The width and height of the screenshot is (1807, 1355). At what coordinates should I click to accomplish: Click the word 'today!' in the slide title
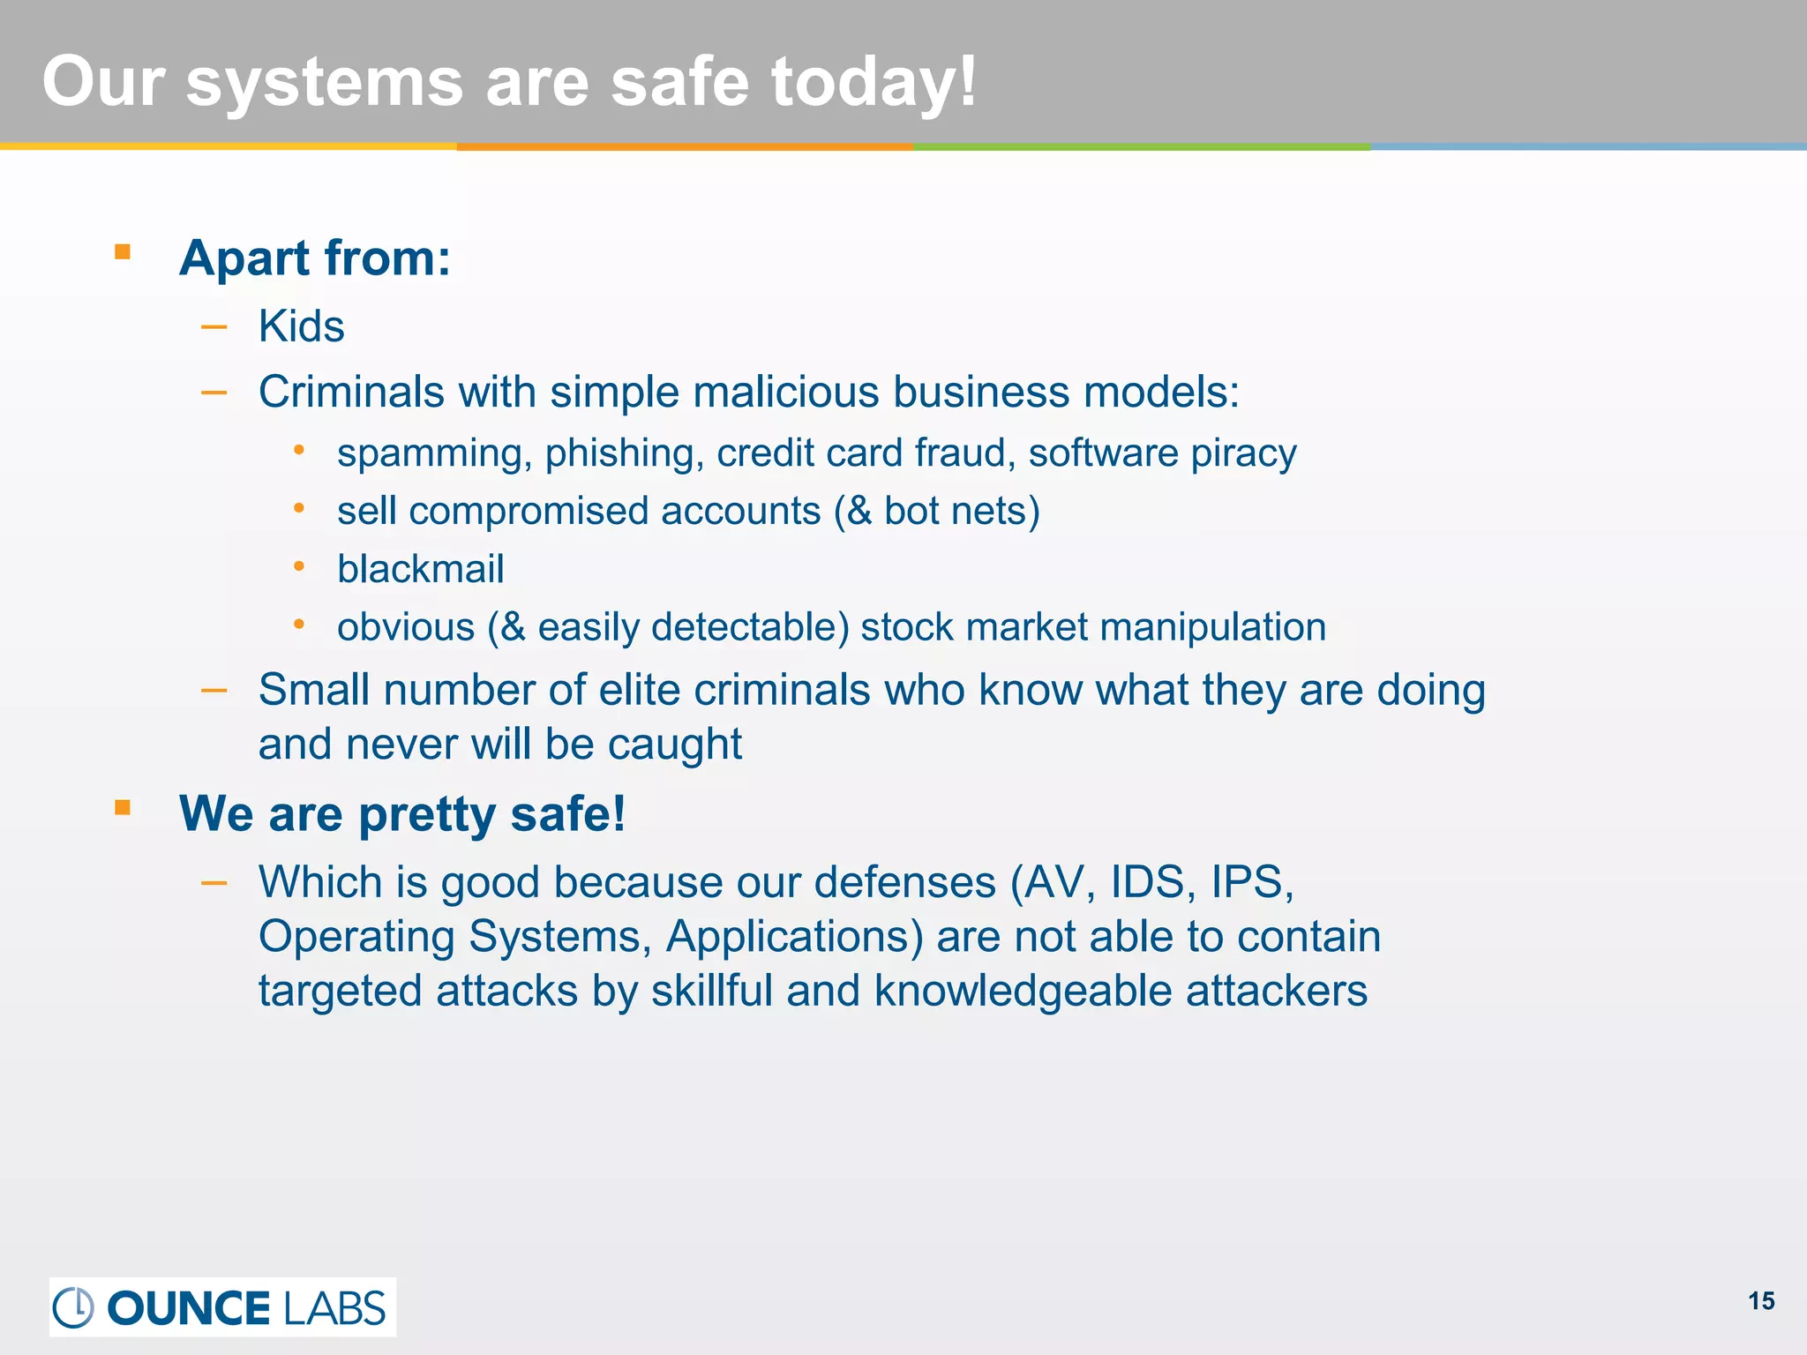pyautogui.click(x=874, y=81)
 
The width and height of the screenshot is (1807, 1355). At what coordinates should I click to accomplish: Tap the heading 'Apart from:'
pyautogui.click(x=315, y=258)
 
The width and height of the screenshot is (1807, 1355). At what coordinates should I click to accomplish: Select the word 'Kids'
pyautogui.click(x=301, y=326)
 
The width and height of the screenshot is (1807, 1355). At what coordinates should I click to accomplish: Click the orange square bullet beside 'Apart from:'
pyautogui.click(x=123, y=253)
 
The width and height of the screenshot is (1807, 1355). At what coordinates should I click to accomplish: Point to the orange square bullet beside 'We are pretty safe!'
pyautogui.click(x=123, y=807)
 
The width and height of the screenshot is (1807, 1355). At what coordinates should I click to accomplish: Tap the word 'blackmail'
pyautogui.click(x=420, y=569)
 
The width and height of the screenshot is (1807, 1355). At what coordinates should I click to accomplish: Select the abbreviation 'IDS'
pyautogui.click(x=1146, y=882)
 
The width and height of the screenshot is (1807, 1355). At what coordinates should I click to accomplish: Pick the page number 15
pyautogui.click(x=1761, y=1301)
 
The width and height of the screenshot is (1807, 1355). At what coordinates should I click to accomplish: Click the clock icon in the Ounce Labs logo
pyautogui.click(x=73, y=1307)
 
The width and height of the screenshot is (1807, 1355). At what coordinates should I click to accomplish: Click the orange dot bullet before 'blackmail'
pyautogui.click(x=299, y=566)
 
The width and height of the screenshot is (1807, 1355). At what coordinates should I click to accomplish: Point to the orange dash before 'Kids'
pyautogui.click(x=214, y=327)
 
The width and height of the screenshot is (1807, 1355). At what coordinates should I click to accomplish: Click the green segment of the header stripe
pyautogui.click(x=1142, y=146)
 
